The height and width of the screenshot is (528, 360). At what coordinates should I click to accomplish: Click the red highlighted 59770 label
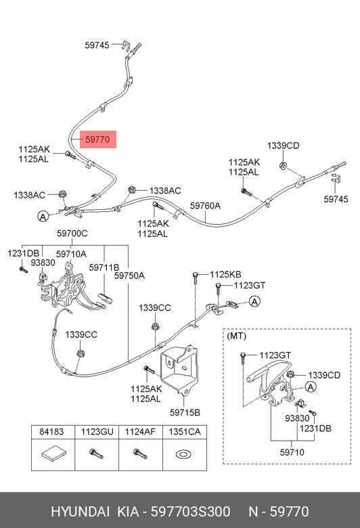tap(97, 139)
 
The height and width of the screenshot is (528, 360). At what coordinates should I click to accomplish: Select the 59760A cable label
tap(205, 205)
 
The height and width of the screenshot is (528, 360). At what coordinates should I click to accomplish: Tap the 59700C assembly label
tap(72, 233)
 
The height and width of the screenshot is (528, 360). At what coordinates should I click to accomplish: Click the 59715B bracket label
tap(185, 412)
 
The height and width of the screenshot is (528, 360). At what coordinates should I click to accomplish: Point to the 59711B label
tap(104, 267)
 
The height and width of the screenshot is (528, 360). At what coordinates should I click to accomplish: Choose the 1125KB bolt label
tap(225, 274)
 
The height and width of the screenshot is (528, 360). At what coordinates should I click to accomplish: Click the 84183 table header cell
tap(51, 432)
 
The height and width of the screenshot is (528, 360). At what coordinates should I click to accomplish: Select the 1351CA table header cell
tap(185, 432)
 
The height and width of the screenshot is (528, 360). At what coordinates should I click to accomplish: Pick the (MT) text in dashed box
tap(236, 336)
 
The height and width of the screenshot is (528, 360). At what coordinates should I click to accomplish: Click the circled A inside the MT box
tap(311, 387)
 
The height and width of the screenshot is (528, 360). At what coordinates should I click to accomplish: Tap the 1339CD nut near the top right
tap(284, 165)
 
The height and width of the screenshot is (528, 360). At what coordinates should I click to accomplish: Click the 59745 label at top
tap(97, 45)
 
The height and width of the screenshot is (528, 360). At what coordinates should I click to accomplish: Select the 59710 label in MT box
tap(292, 452)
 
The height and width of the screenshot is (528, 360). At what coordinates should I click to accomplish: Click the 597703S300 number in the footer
tap(191, 512)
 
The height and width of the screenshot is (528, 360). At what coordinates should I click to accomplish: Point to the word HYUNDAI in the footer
tap(80, 512)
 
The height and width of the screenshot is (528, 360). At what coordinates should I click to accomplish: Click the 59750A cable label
tap(129, 276)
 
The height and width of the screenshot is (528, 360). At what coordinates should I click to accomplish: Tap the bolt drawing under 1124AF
tap(140, 454)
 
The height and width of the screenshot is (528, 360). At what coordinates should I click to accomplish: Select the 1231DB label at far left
tap(23, 253)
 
